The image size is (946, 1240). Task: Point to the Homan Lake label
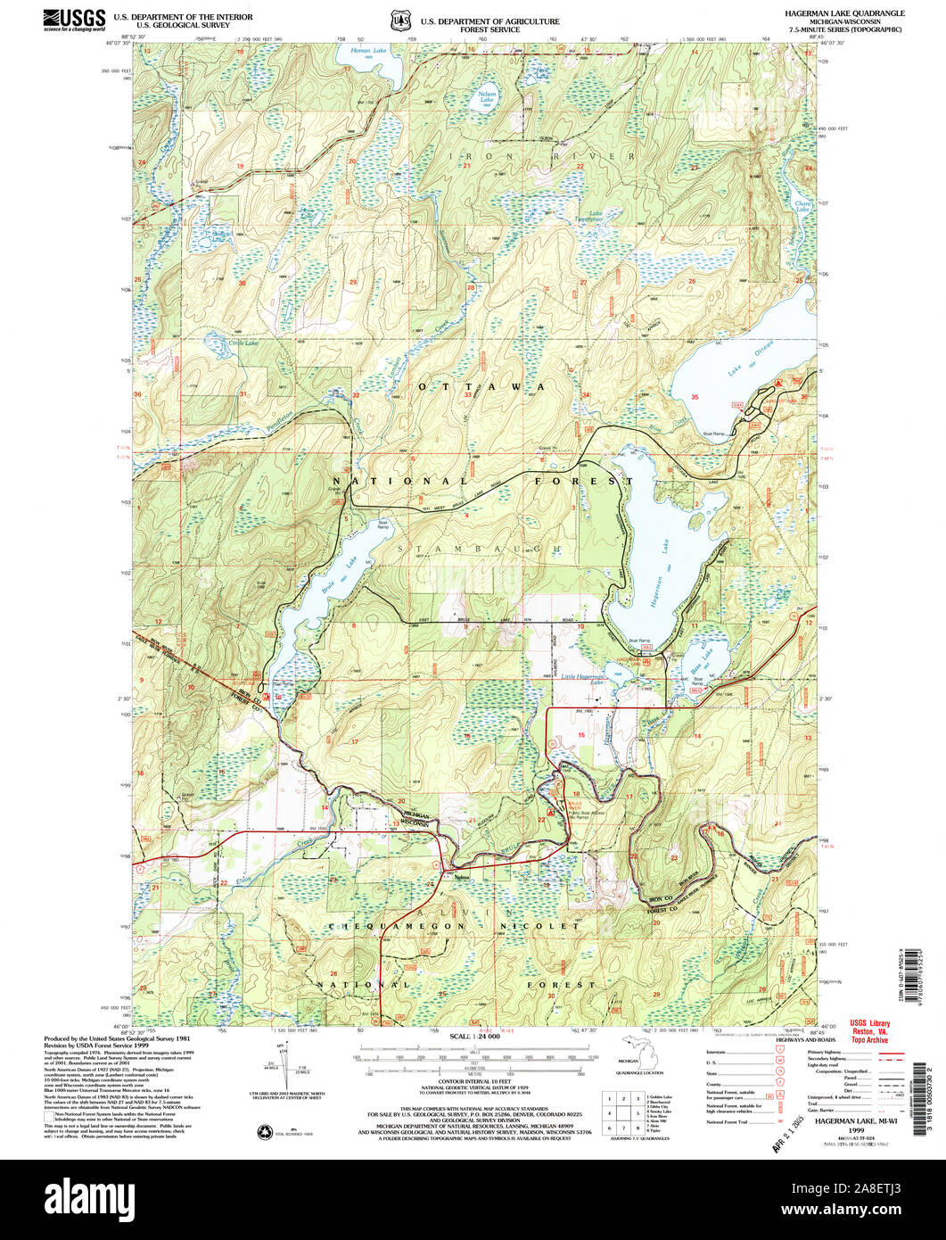pyautogui.click(x=361, y=51)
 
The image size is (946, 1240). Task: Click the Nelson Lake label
pyautogui.click(x=487, y=96)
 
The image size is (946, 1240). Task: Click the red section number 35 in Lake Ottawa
pyautogui.click(x=695, y=396)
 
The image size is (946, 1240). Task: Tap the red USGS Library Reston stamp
pyautogui.click(x=870, y=1030)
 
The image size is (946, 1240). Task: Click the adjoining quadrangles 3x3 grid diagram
pyautogui.click(x=622, y=1112)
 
